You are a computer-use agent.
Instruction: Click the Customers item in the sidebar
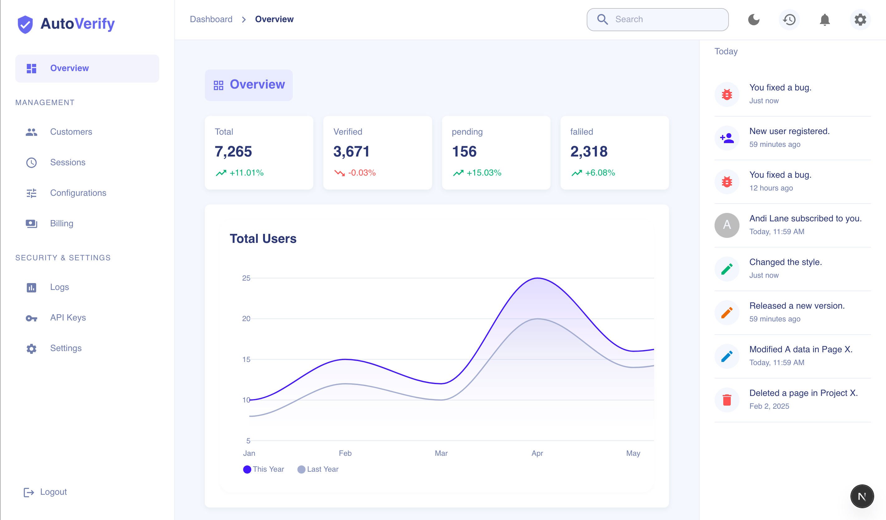coord(71,132)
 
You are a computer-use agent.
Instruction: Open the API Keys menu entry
coord(68,317)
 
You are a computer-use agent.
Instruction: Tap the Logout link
coord(53,492)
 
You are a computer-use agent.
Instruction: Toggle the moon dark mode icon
coord(754,19)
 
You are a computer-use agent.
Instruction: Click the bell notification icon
coord(825,19)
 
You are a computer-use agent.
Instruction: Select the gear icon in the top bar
coord(860,19)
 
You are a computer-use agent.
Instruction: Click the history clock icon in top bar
coord(789,19)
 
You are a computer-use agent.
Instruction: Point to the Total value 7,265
coord(234,152)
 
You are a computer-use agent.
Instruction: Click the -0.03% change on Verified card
coord(361,173)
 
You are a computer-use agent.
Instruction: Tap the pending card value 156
coord(464,152)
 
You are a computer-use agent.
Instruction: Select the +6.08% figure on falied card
coord(600,173)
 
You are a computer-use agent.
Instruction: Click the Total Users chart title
coord(263,239)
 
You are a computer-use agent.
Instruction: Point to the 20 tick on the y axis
coord(246,319)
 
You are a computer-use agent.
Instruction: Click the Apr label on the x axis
coord(537,453)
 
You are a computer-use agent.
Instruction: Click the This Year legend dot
coord(247,469)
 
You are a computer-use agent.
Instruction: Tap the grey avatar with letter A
coord(727,225)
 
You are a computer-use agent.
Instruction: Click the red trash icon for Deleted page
coord(727,400)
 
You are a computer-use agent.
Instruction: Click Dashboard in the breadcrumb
coord(211,19)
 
